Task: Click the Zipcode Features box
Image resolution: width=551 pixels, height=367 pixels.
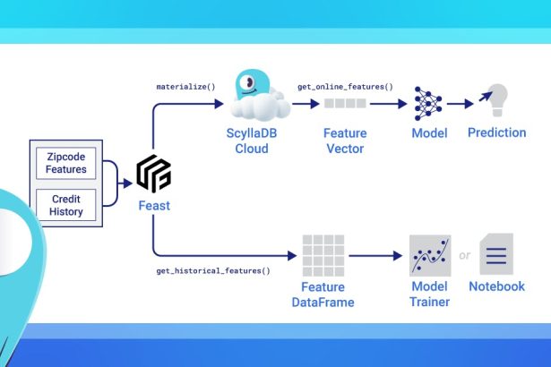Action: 67,162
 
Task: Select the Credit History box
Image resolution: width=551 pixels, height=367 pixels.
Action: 67,205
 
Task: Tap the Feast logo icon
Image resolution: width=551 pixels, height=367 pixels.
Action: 153,174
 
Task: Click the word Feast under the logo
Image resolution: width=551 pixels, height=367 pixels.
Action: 153,205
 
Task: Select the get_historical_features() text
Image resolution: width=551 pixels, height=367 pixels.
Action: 213,269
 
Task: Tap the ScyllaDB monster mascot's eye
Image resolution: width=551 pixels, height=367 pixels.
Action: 249,88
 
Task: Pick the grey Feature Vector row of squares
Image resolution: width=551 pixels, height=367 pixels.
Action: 345,104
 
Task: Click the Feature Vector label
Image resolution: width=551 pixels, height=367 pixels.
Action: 345,141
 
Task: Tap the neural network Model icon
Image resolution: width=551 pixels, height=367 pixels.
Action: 428,104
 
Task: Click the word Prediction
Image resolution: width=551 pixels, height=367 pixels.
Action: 497,133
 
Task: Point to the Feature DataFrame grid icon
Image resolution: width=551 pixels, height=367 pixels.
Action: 323,255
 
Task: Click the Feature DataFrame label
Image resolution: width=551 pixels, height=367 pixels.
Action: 323,294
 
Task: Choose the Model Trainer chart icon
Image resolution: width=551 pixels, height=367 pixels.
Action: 428,256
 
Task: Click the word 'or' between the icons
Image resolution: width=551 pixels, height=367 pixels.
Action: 464,256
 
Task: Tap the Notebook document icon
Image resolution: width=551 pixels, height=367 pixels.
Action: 496,255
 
